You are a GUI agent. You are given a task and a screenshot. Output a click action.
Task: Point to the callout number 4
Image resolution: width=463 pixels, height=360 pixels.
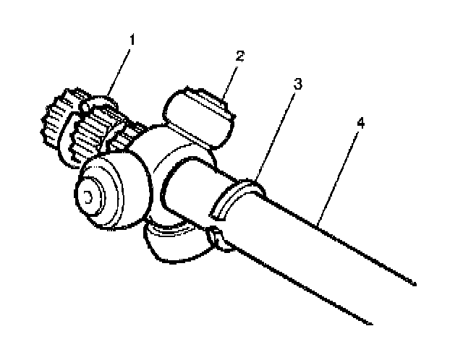pos(360,123)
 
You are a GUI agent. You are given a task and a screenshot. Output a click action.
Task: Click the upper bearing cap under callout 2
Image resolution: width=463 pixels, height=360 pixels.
pos(199,112)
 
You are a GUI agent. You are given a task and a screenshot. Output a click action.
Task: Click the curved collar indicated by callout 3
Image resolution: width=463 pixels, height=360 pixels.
pos(239,199)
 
